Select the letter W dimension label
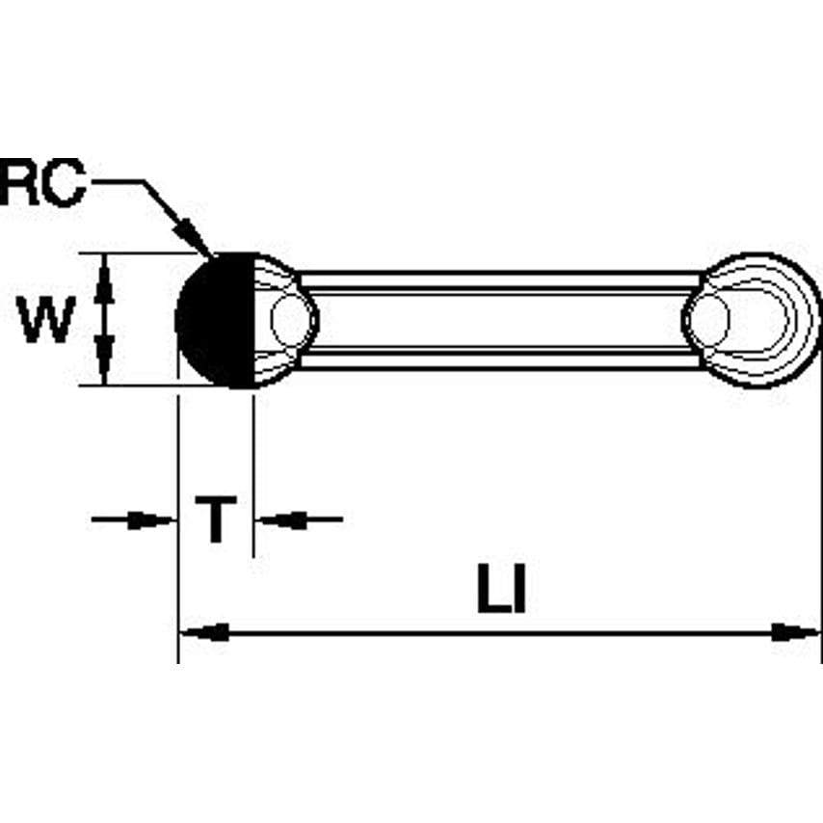(47, 321)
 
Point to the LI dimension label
(501, 592)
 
